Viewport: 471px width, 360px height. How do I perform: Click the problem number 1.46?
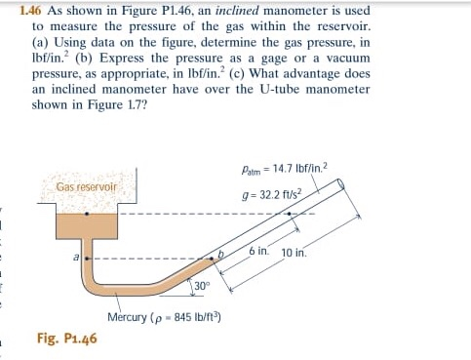coord(32,9)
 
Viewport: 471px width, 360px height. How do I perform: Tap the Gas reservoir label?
coord(86,185)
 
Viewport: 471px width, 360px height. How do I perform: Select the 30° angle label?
coord(202,285)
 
